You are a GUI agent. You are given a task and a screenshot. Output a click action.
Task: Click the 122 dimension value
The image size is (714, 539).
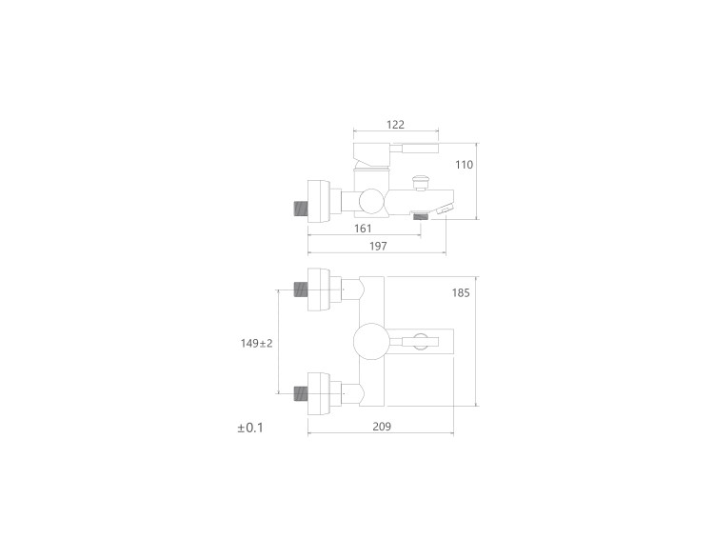(395, 125)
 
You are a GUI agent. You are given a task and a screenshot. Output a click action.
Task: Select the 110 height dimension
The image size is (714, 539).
(464, 165)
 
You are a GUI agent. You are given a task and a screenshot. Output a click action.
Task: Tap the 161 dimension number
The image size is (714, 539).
(363, 229)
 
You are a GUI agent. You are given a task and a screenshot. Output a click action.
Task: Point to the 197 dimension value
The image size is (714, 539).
(378, 246)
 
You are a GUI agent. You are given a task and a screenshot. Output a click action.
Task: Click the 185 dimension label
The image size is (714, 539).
(461, 292)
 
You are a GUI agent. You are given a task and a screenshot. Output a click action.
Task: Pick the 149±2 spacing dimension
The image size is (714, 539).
(256, 343)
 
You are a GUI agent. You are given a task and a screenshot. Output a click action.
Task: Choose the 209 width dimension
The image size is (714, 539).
(382, 427)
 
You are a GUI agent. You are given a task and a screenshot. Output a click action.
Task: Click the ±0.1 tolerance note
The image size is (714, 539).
(250, 428)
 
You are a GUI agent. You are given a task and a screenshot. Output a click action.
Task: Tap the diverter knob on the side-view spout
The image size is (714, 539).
(420, 183)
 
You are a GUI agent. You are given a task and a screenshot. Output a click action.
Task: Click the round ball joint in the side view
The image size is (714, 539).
(371, 201)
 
